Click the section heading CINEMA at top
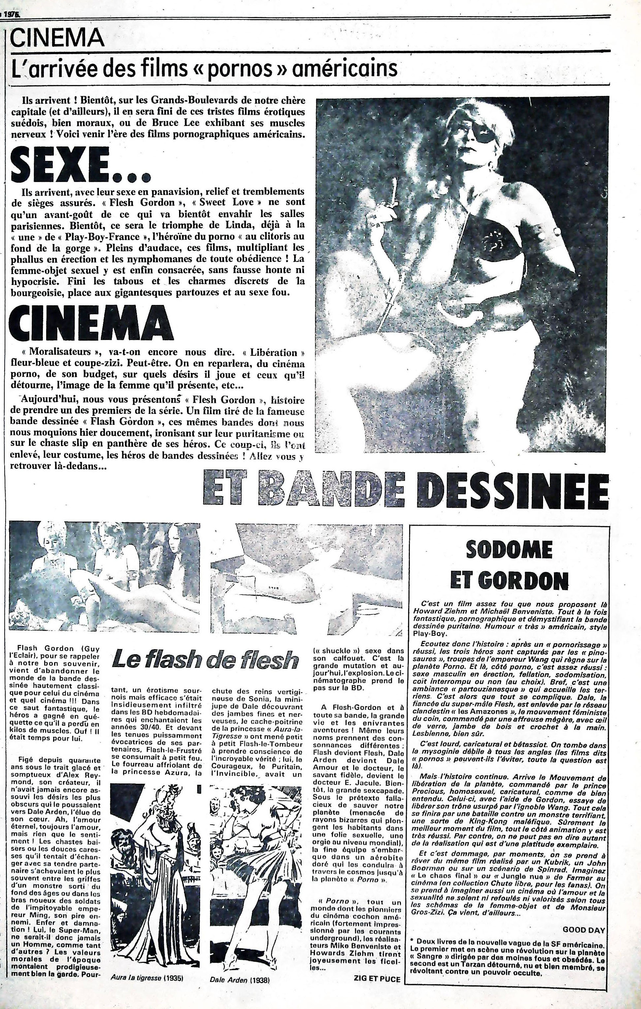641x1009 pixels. pyautogui.click(x=57, y=39)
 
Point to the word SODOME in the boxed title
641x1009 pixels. pyautogui.click(x=509, y=549)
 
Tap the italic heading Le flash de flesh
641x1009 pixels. pyautogui.click(x=205, y=660)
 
